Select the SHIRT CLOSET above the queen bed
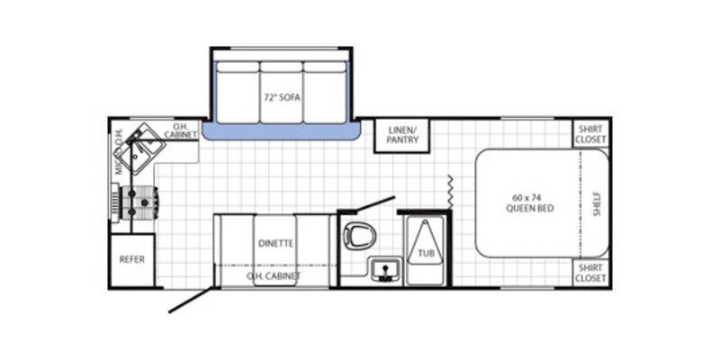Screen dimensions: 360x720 [591, 134]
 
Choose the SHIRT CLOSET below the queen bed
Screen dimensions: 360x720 [591, 273]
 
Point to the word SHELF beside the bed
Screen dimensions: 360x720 [597, 203]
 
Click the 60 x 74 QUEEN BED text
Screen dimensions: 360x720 [529, 202]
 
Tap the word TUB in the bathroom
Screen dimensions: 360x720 [426, 255]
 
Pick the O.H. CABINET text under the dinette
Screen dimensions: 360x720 [274, 276]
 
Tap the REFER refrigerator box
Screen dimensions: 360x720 [132, 259]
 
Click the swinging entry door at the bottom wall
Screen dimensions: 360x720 [192, 299]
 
